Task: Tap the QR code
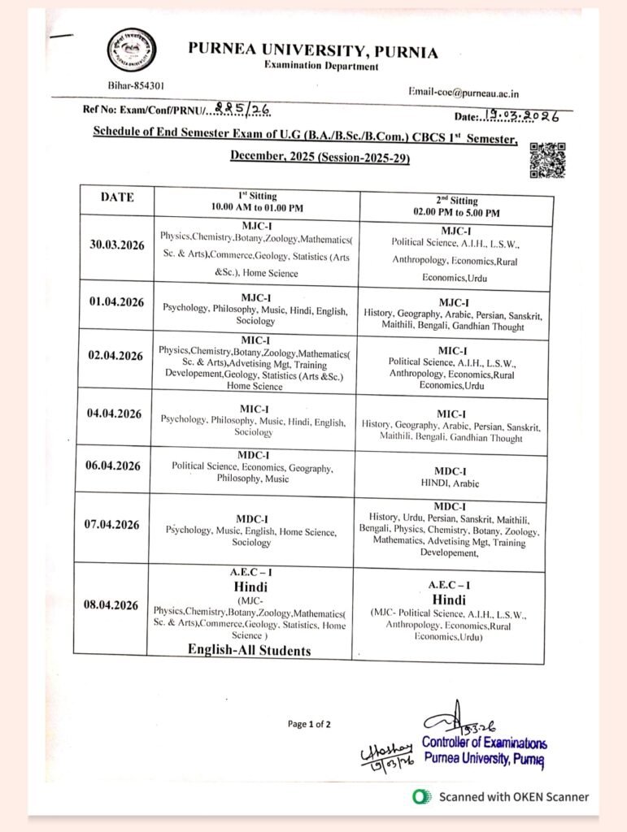click(x=547, y=160)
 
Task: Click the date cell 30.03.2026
click(x=116, y=245)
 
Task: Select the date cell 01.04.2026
click(x=116, y=302)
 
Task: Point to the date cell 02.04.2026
click(x=115, y=356)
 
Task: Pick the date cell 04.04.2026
click(x=115, y=414)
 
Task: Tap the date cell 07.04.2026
click(x=112, y=525)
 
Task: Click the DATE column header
click(x=117, y=197)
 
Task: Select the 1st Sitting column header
click(x=257, y=201)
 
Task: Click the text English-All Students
click(x=249, y=650)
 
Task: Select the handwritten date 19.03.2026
click(x=520, y=117)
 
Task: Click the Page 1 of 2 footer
click(x=309, y=724)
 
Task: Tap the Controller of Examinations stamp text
click(x=484, y=744)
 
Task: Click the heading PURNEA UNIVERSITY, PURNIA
click(x=313, y=50)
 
